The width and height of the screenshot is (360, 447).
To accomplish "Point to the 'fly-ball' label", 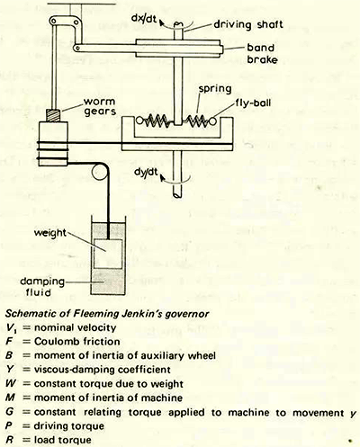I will coord(271,104).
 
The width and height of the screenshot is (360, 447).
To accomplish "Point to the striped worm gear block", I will coord(52,117).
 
